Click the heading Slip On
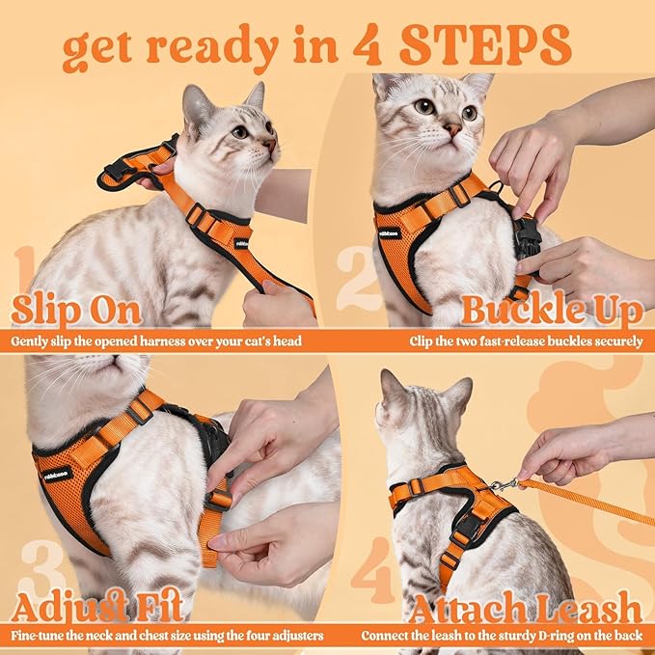click(76, 311)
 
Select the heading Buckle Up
click(551, 311)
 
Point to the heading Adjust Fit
click(99, 608)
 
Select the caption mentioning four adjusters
click(167, 636)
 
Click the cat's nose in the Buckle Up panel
click(451, 128)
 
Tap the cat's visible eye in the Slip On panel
click(238, 131)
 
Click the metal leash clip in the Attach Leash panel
click(502, 484)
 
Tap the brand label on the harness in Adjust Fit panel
click(59, 473)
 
